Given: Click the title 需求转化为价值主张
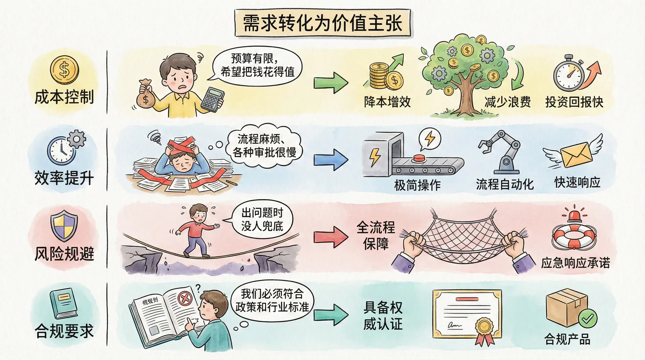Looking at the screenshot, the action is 322,23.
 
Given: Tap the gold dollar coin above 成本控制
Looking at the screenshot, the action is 64,70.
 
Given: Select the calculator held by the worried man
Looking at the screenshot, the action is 213,98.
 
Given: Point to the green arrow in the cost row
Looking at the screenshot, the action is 331,82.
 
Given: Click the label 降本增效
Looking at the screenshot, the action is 387,102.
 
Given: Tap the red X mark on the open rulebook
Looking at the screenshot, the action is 184,298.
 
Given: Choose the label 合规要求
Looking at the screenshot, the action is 64,331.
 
